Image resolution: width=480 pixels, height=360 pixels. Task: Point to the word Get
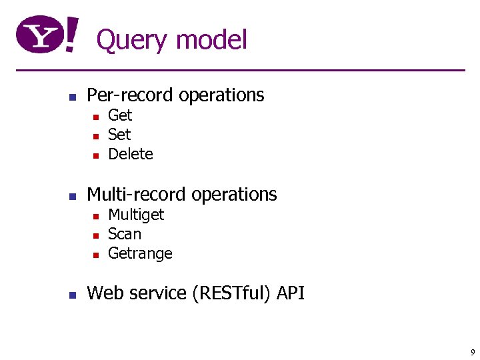pyautogui.click(x=120, y=115)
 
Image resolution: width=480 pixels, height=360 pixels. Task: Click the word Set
pyautogui.click(x=119, y=135)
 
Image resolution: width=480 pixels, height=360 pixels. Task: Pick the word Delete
pyautogui.click(x=131, y=154)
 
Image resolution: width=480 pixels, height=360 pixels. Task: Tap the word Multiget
pyautogui.click(x=136, y=215)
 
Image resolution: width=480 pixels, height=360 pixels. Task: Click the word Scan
pyautogui.click(x=125, y=234)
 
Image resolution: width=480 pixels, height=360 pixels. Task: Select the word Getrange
pyautogui.click(x=140, y=254)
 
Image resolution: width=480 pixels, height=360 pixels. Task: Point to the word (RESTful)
pyautogui.click(x=232, y=293)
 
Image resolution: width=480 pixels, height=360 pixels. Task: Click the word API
pyautogui.click(x=291, y=293)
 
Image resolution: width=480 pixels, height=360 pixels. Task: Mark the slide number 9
pyautogui.click(x=473, y=352)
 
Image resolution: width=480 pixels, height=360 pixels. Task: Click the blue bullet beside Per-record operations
pyautogui.click(x=74, y=96)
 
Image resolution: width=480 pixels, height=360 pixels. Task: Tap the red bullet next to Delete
pyautogui.click(x=95, y=155)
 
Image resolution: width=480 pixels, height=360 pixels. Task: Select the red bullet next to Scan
pyautogui.click(x=95, y=235)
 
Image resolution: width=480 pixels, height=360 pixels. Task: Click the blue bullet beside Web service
pyautogui.click(x=74, y=294)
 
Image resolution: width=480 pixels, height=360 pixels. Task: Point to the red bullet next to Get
pyautogui.click(x=95, y=117)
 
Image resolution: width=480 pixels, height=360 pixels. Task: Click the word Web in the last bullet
pyautogui.click(x=105, y=293)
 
